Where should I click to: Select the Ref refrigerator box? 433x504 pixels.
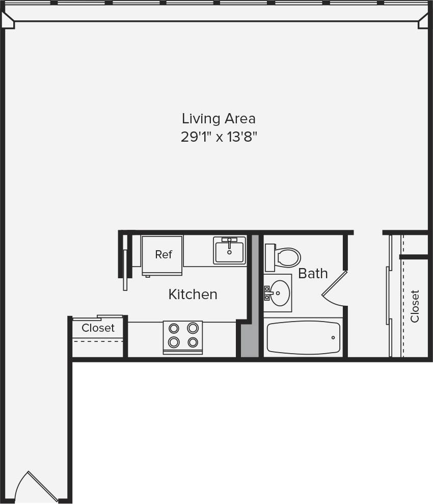point(163,255)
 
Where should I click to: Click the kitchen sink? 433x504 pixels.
point(229,251)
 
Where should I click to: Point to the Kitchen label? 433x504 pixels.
point(193,294)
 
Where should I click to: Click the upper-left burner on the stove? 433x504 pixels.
point(174,328)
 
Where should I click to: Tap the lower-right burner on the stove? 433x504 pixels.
point(193,342)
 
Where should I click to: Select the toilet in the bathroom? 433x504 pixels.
point(284,257)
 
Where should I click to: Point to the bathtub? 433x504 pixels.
point(303,337)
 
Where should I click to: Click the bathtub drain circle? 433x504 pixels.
point(333,337)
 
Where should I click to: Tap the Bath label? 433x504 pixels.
point(313,274)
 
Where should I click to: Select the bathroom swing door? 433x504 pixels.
point(334,289)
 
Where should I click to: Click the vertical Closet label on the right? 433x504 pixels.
point(415,306)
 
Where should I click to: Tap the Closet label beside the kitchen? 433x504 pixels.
point(98,328)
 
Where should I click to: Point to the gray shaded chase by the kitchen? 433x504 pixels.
point(249,339)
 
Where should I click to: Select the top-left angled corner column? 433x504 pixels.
point(9,20)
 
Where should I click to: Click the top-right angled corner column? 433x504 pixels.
point(423,20)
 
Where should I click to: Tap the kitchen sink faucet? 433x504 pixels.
point(230,240)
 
